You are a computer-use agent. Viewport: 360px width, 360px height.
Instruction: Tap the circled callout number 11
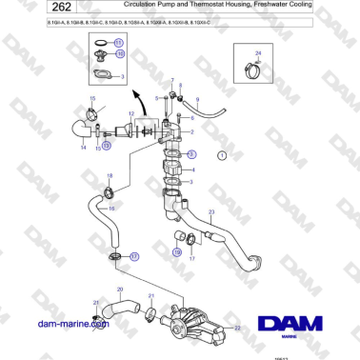118,43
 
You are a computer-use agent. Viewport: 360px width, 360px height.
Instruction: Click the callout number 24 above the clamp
258,54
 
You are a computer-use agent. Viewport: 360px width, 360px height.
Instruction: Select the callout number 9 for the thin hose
197,99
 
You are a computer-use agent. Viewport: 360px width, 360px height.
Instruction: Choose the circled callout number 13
108,147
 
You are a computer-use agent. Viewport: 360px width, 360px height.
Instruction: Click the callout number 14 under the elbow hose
83,149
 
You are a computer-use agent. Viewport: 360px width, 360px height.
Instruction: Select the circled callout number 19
176,251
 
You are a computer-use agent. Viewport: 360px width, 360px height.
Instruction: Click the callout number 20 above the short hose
119,288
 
